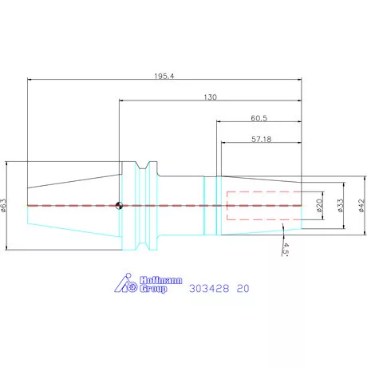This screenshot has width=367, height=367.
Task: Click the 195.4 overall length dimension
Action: click(164, 76)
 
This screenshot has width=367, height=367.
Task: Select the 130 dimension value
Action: click(210, 97)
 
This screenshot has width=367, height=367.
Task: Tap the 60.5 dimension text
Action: click(259, 118)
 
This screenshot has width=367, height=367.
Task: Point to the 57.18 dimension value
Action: click(262, 139)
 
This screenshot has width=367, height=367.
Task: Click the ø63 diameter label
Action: click(3, 206)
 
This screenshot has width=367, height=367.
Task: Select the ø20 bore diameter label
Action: click(319, 205)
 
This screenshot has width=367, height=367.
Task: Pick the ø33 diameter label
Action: click(341, 205)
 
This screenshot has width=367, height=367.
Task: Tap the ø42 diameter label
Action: click(361, 205)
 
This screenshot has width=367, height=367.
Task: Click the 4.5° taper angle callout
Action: click(286, 249)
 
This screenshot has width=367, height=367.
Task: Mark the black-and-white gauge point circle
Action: click(119, 206)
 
